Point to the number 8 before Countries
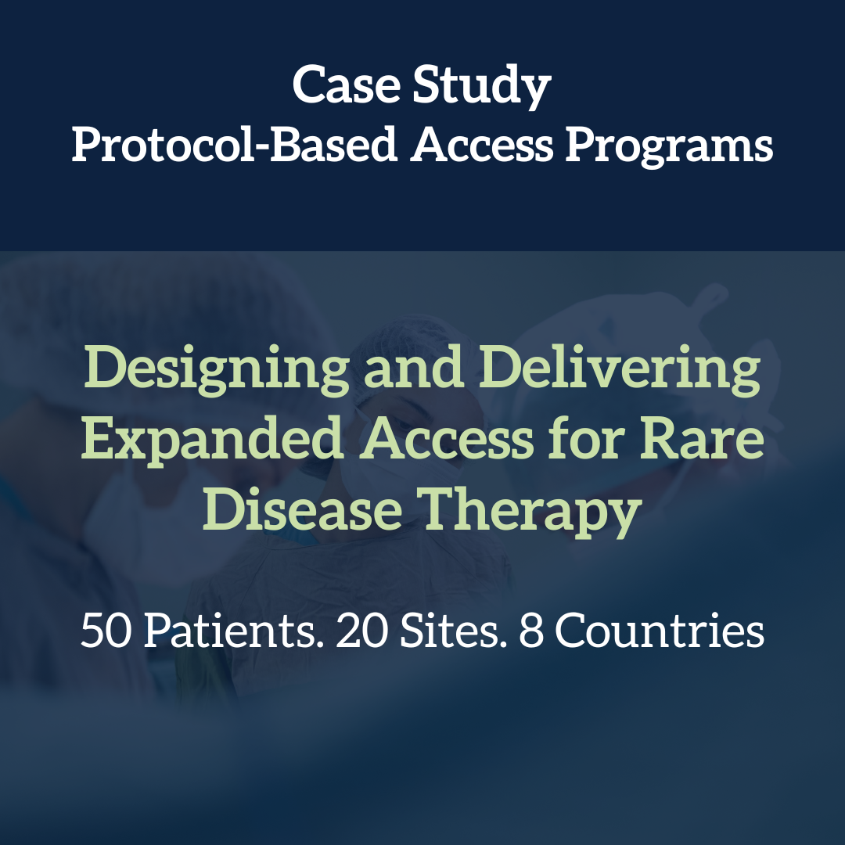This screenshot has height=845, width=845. click(x=530, y=631)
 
